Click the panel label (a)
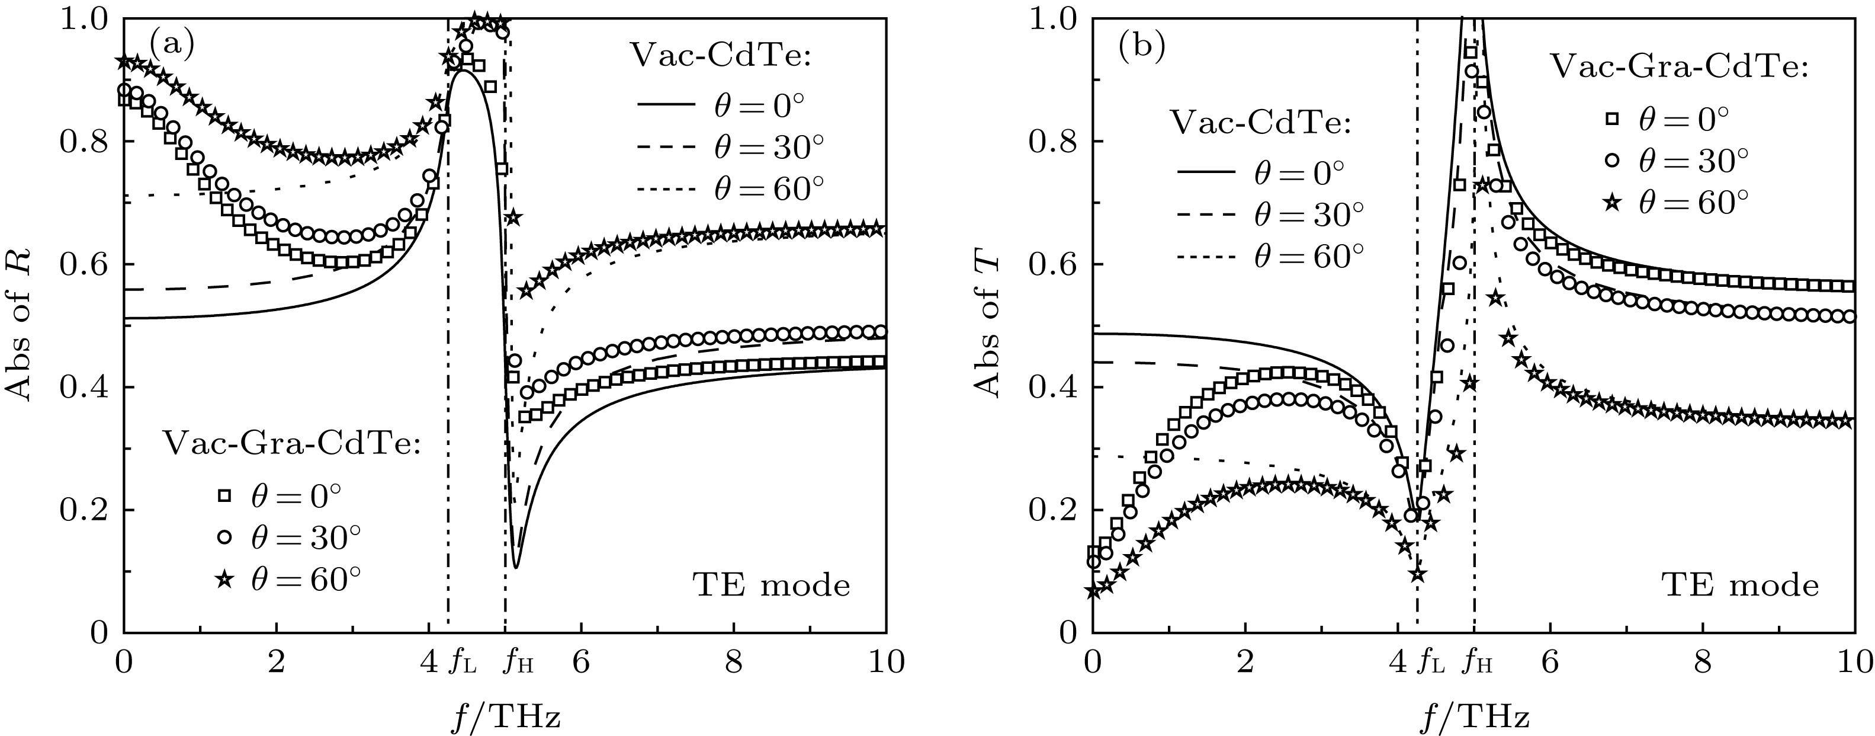pos(172,46)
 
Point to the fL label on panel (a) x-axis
pos(461,662)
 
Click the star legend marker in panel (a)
pos(224,580)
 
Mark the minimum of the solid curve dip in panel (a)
pos(515,567)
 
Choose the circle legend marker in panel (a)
pos(224,537)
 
